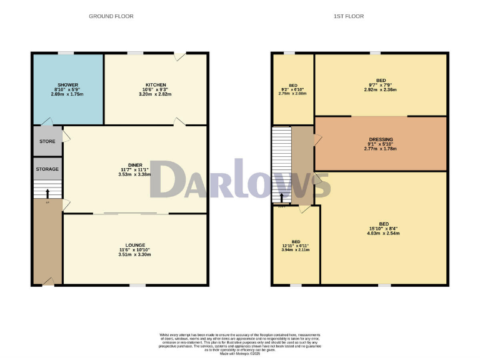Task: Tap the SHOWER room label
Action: pos(67,84)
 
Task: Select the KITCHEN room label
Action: pos(155,84)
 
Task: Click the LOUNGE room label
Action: pos(135,245)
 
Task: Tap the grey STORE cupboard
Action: pos(47,141)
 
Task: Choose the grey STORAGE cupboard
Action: pos(47,169)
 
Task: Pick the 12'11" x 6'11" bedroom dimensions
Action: pos(296,246)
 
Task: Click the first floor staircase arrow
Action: pos(281,198)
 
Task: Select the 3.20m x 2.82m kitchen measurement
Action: pos(155,94)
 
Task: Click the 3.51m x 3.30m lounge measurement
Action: pos(135,255)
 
